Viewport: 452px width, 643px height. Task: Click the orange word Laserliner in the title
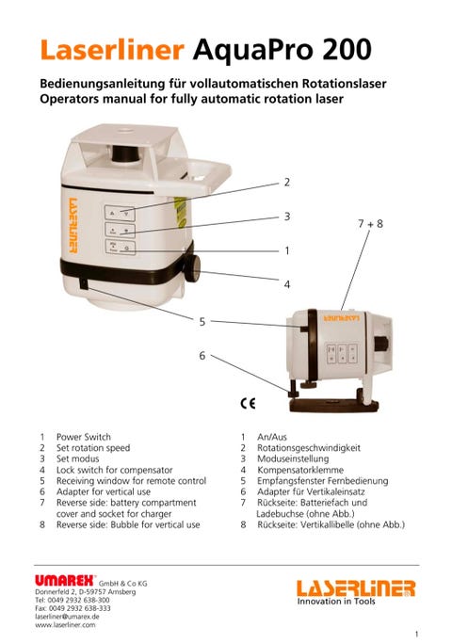point(112,50)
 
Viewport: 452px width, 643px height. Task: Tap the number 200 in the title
point(347,50)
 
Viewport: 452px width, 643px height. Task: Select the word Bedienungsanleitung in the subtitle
point(102,84)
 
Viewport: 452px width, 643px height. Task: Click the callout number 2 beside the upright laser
point(287,182)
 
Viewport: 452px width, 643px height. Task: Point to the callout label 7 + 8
point(370,223)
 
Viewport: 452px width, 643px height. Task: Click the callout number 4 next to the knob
point(287,284)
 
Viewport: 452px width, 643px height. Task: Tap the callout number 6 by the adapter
point(202,355)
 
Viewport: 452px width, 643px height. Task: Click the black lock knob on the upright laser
point(192,268)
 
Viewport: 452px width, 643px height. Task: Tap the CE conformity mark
point(249,404)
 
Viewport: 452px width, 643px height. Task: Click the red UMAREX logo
point(65,581)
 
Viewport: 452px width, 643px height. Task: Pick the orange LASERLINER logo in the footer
point(356,588)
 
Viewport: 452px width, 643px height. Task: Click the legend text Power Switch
point(84,437)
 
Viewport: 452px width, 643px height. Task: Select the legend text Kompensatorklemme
point(300,470)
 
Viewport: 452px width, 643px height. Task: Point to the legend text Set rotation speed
point(93,448)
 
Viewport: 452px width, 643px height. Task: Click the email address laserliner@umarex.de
point(67,617)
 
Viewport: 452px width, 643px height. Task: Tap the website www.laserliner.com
point(65,625)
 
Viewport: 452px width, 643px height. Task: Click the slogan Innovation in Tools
point(336,602)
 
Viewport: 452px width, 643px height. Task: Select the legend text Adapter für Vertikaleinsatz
point(311,491)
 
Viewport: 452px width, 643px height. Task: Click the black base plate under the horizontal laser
point(333,406)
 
